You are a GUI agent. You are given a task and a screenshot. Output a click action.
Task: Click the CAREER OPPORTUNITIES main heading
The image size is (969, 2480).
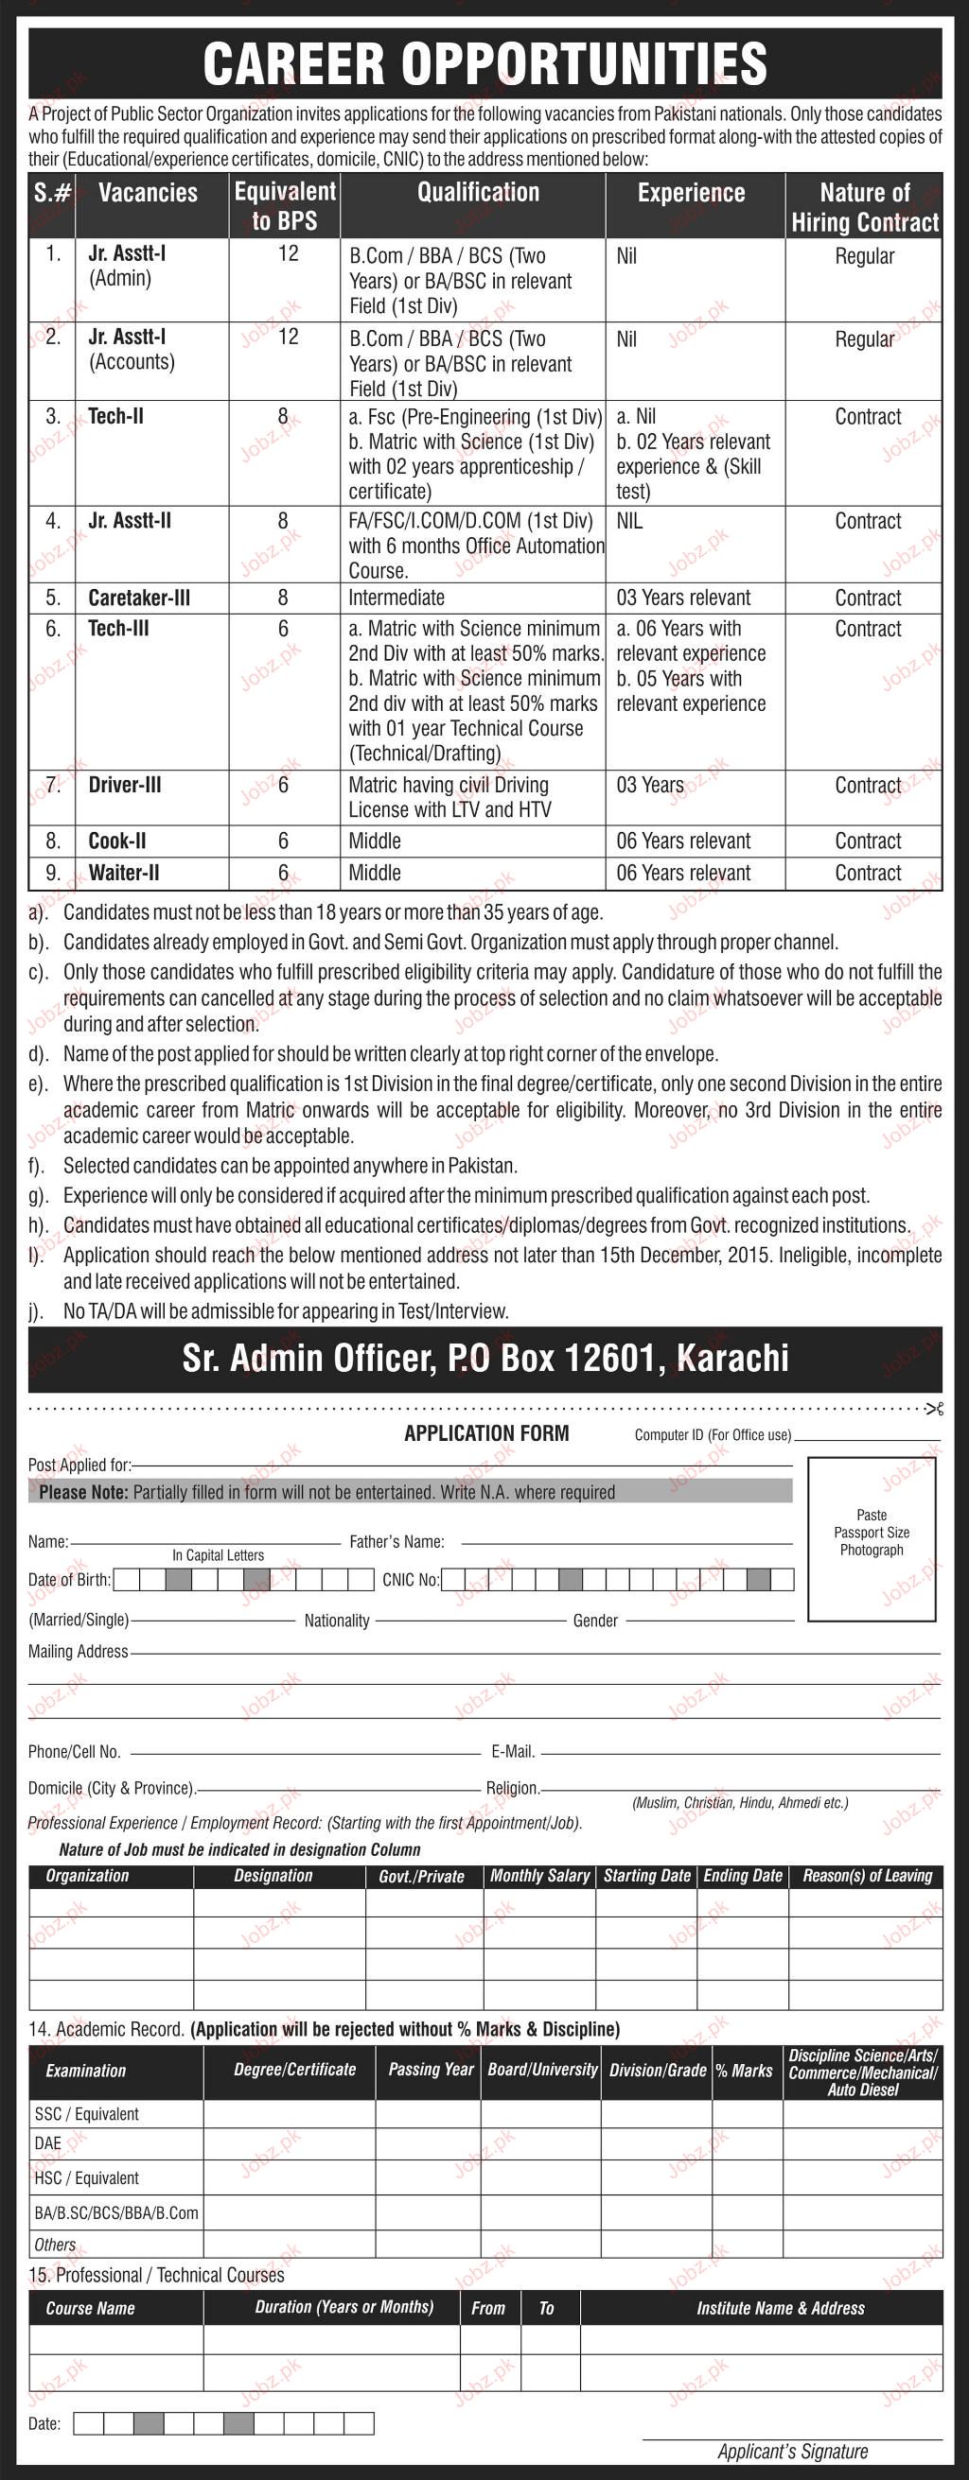point(484,63)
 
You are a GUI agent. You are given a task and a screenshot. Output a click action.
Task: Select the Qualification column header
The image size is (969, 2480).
point(478,193)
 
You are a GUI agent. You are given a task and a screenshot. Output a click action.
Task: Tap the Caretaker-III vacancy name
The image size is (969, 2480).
point(139,598)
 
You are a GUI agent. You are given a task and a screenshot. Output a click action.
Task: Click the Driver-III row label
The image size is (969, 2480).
point(124,785)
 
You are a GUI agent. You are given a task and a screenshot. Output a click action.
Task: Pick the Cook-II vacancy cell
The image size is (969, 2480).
point(116,841)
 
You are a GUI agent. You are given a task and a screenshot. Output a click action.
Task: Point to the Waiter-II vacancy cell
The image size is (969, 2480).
point(123,873)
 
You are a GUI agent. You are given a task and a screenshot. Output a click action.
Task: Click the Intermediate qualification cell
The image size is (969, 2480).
point(396,598)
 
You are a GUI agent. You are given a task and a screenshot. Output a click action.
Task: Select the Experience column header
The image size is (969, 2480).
point(691,193)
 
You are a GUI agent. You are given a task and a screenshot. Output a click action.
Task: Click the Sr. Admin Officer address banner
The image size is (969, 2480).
point(484,1358)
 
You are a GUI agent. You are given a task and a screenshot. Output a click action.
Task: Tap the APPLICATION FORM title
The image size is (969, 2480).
point(486,1433)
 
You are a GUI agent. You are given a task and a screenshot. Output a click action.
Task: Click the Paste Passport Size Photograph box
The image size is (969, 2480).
point(872,1538)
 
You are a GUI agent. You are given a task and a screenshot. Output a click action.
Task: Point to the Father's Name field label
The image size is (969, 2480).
point(396,1541)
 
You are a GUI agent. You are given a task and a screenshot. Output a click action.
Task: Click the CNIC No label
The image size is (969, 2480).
point(411,1580)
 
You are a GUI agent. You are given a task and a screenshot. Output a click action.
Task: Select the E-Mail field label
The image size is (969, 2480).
point(513,1751)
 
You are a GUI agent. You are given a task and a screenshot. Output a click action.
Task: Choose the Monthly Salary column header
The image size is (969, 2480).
point(539,1876)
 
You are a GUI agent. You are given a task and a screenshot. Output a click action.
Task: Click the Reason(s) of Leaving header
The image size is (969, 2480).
point(867,1876)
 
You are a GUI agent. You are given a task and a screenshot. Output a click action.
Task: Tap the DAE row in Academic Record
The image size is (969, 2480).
point(48,2143)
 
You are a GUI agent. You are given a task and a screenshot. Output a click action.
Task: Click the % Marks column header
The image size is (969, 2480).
point(744,2071)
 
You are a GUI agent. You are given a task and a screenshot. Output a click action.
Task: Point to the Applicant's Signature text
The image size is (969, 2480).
point(793,2451)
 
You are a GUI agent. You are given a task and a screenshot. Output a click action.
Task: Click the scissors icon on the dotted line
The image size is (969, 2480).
point(933,1409)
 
